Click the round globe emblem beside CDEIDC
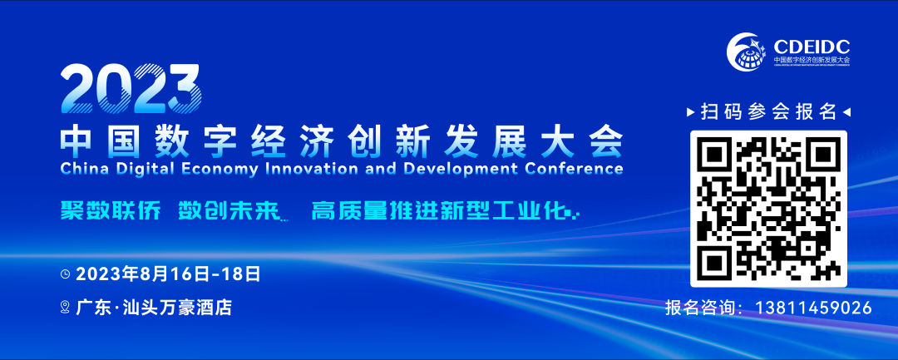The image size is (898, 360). click(748, 52)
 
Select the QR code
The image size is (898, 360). click(768, 209)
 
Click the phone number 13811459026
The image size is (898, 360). click(813, 308)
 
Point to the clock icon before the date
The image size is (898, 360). click(65, 273)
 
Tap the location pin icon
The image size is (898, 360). click(65, 308)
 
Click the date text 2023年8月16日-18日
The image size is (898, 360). click(168, 273)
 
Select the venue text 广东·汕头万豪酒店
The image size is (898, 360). click(153, 308)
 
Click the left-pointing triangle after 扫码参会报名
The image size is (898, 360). click(846, 111)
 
